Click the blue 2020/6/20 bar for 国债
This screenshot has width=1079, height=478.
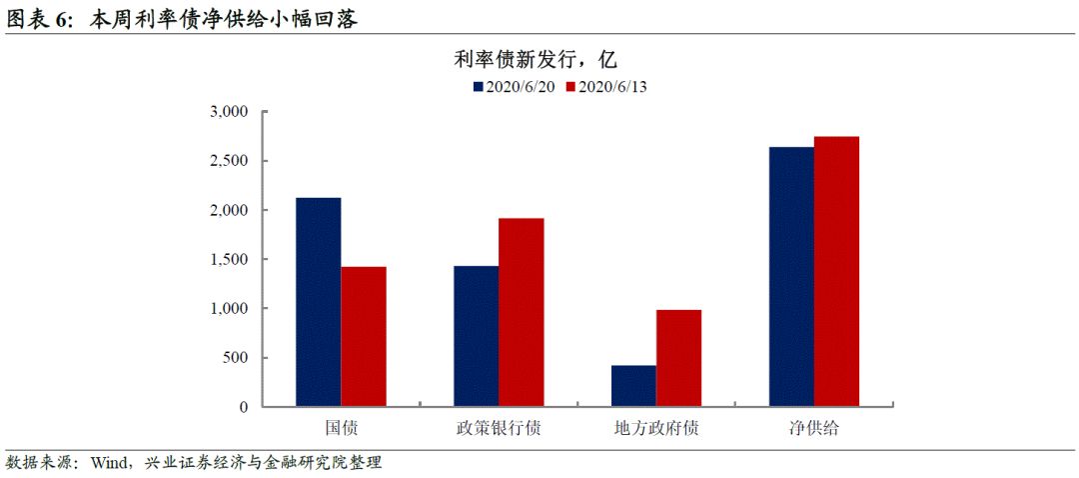pyautogui.click(x=318, y=302)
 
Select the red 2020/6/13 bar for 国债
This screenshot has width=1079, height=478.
pyautogui.click(x=364, y=337)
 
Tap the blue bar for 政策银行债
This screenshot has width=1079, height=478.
pyautogui.click(x=476, y=336)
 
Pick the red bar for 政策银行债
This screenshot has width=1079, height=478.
pyautogui.click(x=522, y=312)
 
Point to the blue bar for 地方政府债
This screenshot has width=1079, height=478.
pyautogui.click(x=633, y=386)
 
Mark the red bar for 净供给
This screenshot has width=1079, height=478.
pyautogui.click(x=837, y=271)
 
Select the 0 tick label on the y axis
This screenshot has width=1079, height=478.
pyautogui.click(x=243, y=407)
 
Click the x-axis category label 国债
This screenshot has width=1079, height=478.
pyautogui.click(x=342, y=429)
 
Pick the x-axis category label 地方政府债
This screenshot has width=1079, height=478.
pyautogui.click(x=656, y=429)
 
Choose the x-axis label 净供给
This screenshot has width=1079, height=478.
pyautogui.click(x=814, y=429)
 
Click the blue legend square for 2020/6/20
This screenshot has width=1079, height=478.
pyautogui.click(x=479, y=87)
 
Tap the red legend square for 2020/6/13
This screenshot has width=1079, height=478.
pyautogui.click(x=571, y=87)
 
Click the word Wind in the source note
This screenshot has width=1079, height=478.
pyautogui.click(x=106, y=463)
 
